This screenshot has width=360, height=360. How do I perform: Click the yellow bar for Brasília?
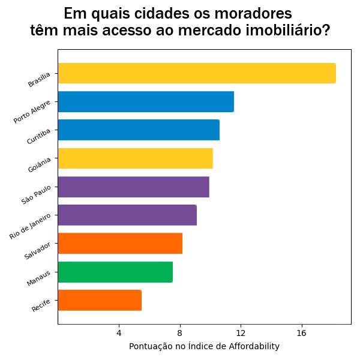197,73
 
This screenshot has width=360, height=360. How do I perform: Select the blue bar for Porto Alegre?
146,101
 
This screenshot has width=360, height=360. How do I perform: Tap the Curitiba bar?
139,130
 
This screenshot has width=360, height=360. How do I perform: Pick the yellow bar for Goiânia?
136,158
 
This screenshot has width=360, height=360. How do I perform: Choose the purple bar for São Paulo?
134,187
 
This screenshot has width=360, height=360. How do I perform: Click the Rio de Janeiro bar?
127,215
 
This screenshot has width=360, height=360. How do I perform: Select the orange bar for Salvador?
120,244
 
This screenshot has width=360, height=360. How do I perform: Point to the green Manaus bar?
115,272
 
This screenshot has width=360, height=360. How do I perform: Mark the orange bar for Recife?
100,300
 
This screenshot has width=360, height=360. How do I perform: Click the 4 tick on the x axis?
119,332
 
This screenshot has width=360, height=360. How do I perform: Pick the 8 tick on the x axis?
180,332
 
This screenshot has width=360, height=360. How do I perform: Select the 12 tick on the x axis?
241,332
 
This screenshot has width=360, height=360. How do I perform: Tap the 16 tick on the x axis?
302,332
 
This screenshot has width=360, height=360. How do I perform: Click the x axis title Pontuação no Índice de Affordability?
204,347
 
